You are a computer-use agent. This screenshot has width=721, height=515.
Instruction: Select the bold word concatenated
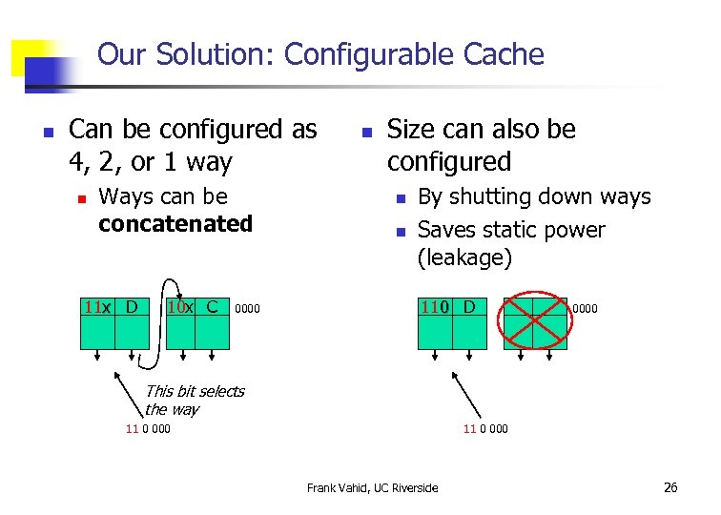click(x=175, y=224)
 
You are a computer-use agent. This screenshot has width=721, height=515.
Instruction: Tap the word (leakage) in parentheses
click(x=465, y=257)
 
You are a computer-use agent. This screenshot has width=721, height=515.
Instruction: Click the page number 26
click(x=670, y=487)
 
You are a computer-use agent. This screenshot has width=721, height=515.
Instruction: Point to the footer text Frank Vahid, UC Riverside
click(x=373, y=488)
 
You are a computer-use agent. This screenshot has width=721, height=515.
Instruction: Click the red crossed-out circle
click(x=534, y=323)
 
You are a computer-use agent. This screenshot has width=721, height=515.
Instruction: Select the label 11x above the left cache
click(x=97, y=307)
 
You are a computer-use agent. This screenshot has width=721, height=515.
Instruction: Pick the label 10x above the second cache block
click(x=180, y=307)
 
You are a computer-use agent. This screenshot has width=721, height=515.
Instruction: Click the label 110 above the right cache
click(x=437, y=307)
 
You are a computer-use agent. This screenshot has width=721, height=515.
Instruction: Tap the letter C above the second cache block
click(x=212, y=307)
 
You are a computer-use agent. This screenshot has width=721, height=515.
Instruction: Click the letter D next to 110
click(x=469, y=307)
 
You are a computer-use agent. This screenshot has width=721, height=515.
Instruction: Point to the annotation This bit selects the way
click(x=194, y=400)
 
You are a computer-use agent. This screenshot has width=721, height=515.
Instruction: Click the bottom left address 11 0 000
click(x=148, y=429)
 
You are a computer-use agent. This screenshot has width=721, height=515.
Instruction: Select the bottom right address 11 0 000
click(x=485, y=429)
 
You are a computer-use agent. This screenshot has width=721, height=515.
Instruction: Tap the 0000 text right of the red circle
click(x=585, y=309)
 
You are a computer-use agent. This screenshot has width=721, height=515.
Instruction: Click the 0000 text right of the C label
click(x=247, y=309)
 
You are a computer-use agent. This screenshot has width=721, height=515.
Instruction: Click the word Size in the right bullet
click(x=412, y=130)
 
